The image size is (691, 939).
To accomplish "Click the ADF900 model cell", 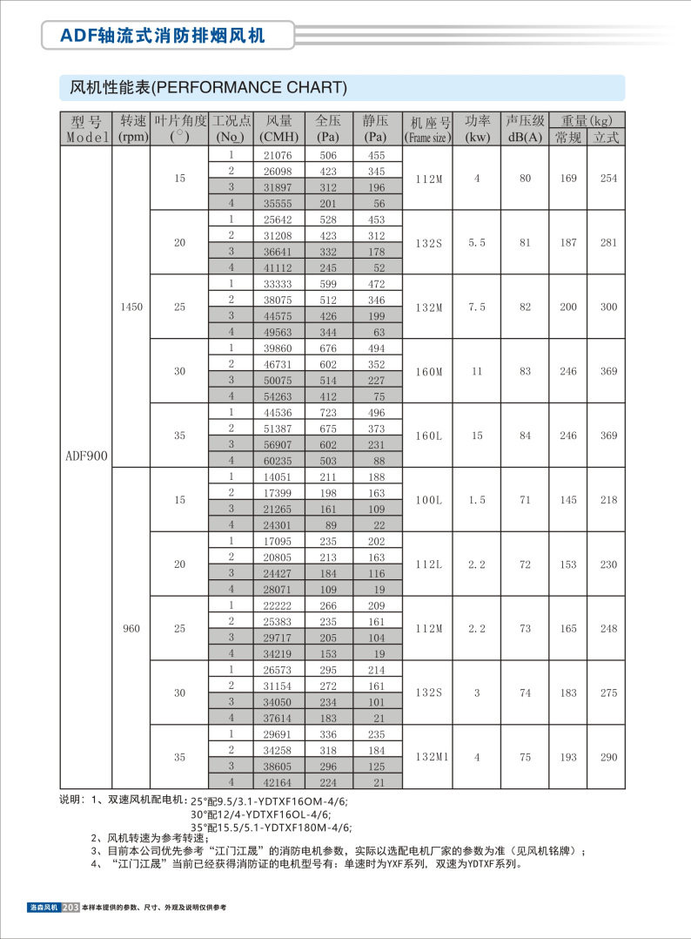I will coord(85,455).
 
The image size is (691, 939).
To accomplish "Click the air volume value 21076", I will coord(279,155).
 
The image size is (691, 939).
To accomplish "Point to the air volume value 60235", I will coord(279,460).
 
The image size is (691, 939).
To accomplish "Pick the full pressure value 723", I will coord(327,411).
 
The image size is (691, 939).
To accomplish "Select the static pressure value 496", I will coord(376,411).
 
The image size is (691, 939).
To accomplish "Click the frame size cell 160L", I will coord(429,436).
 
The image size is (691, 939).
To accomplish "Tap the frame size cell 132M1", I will coord(431,757).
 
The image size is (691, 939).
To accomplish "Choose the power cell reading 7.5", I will coord(477,307).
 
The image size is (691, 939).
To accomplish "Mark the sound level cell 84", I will coord(525,436).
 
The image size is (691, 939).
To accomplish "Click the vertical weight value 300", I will coord(608,307).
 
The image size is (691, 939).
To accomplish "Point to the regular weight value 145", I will coord(568,500).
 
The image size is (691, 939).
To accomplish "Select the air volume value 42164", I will coord(279,781).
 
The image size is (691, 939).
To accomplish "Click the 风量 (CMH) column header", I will coord(279,129).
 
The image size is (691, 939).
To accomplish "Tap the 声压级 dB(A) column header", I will coord(525,129).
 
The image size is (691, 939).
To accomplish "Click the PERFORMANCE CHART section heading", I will coord(209,88).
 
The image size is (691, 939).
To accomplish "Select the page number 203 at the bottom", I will coord(71,908).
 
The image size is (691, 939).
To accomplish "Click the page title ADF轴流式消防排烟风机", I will coord(163,35).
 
